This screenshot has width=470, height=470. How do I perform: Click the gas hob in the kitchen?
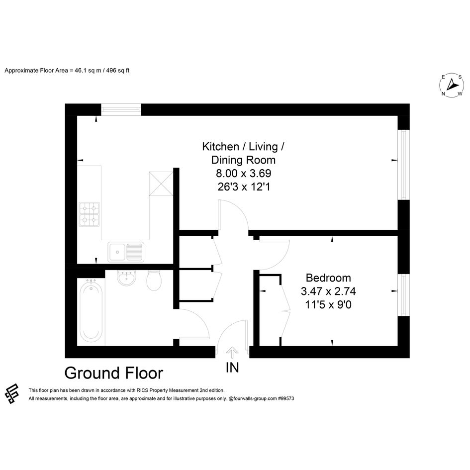(x=89, y=214)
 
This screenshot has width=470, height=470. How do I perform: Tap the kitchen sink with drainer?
(x=126, y=252)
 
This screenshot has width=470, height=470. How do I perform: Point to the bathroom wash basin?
(x=127, y=278)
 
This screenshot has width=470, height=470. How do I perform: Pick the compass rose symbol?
(x=452, y=86)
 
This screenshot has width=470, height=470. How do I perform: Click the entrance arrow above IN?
(x=232, y=353)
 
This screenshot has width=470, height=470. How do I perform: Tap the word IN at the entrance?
(x=232, y=368)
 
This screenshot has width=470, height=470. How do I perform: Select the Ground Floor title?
(x=113, y=373)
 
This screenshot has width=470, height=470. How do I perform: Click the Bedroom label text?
(x=328, y=278)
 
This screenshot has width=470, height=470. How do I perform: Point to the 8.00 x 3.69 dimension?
(x=243, y=173)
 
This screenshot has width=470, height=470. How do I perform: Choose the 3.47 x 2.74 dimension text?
(x=328, y=291)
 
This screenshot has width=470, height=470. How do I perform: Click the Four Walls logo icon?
(x=12, y=393)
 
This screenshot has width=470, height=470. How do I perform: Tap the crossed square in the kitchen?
(x=161, y=184)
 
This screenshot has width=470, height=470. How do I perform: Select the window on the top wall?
(x=121, y=110)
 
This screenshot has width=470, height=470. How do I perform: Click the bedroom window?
(x=403, y=294)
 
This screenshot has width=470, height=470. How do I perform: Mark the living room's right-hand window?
(x=403, y=165)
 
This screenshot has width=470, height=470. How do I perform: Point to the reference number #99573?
(x=286, y=399)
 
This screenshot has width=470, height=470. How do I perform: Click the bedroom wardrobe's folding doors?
(x=285, y=311)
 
